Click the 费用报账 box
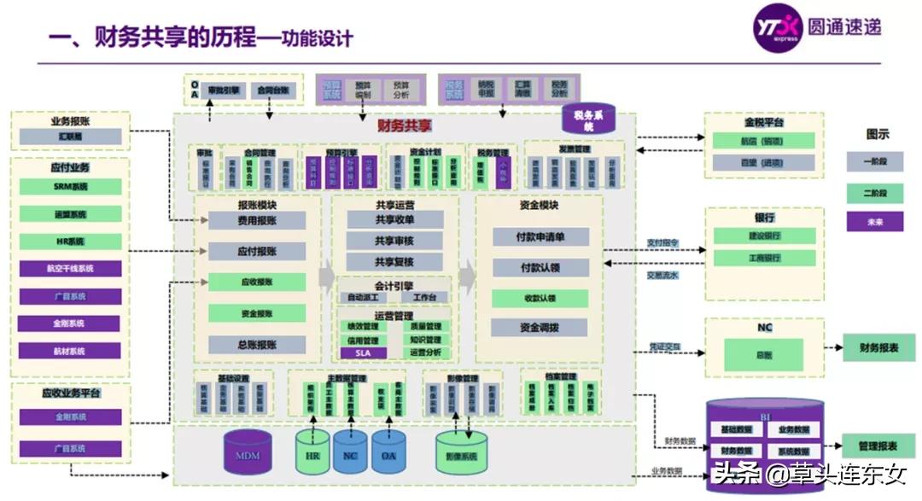(x=257, y=221)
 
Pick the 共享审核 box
(x=394, y=242)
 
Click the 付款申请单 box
(x=540, y=236)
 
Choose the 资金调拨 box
(x=540, y=328)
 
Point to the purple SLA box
(x=364, y=352)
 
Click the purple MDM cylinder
(x=248, y=452)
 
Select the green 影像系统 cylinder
(x=462, y=452)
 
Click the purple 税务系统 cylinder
(x=588, y=119)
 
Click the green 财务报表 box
(x=878, y=347)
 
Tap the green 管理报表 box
(x=878, y=446)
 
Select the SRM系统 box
(x=71, y=186)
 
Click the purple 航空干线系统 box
(x=71, y=268)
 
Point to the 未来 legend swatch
(x=874, y=221)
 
